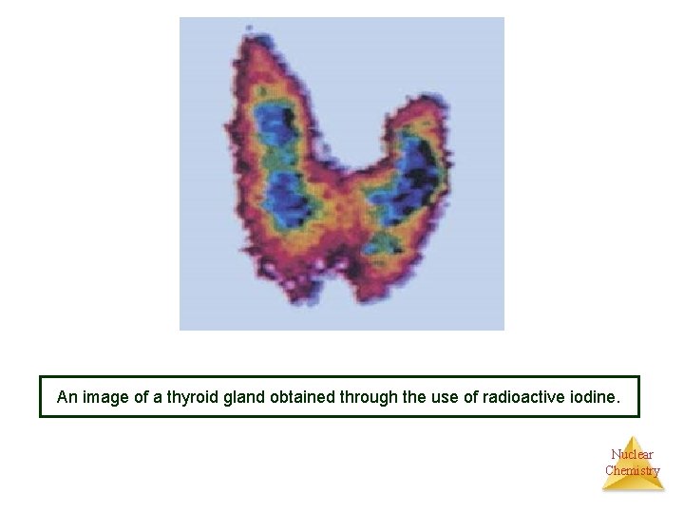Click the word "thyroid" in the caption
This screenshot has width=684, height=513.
click(x=191, y=397)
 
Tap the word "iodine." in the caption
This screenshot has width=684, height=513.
click(x=595, y=397)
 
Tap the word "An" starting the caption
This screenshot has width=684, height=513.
click(x=67, y=397)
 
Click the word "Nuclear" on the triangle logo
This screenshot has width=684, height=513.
click(x=632, y=454)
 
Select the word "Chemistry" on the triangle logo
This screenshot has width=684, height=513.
click(x=632, y=470)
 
